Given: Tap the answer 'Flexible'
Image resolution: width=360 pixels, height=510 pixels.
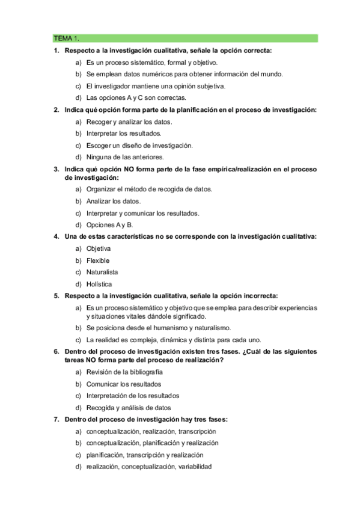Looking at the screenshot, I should point(97,260).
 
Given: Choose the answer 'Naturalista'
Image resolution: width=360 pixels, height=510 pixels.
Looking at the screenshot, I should point(102,272).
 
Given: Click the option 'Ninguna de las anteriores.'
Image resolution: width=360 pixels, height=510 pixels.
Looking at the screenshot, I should point(124,157).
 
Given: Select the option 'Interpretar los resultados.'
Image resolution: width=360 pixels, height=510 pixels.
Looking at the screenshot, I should point(123,134).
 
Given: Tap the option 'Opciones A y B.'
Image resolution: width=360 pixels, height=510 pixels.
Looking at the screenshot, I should point(109,225).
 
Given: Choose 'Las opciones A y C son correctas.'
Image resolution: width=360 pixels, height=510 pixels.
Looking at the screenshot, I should point(136,97).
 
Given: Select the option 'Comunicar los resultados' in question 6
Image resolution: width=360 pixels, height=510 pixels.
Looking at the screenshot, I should point(123,384).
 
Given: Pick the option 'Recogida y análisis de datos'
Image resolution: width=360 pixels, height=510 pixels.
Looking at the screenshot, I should point(129,408).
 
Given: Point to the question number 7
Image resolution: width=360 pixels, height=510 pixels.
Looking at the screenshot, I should point(56,419).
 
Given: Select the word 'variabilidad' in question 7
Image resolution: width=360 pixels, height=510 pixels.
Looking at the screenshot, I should point(193,467).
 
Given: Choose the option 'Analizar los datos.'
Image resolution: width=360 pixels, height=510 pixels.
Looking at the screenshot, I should point(113,201).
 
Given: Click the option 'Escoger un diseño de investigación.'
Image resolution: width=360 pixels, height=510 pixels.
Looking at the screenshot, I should point(139,146).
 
